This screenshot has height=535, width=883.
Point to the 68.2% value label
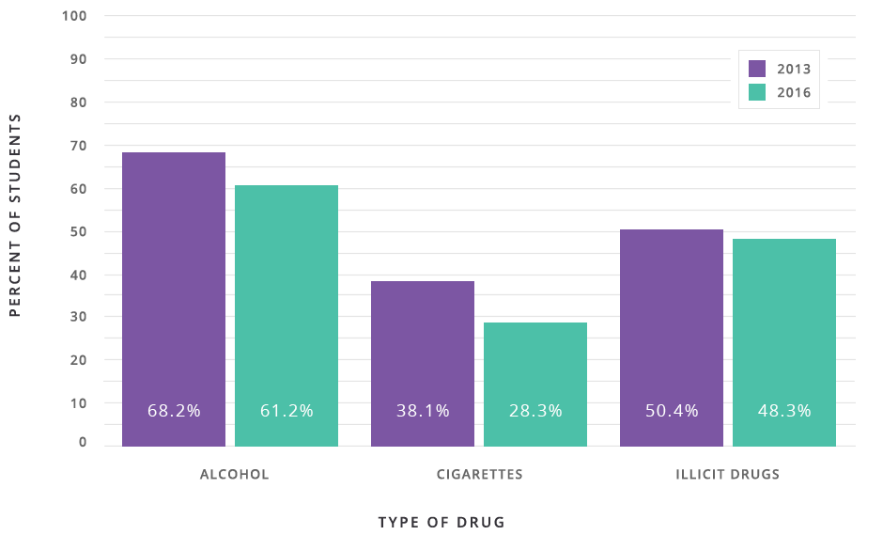[x=174, y=411]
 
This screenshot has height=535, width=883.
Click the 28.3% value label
[x=535, y=411]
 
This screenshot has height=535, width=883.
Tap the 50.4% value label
[x=672, y=411]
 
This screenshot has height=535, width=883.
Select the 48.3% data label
[x=784, y=411]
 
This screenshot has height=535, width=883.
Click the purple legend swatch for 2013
[x=757, y=69]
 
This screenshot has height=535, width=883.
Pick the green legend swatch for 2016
[x=757, y=92]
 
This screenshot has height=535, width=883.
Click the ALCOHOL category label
[x=235, y=475]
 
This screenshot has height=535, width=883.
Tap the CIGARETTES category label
[x=480, y=475]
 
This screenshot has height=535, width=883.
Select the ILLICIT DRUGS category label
[x=728, y=475]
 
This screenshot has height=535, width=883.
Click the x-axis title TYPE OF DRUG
[x=441, y=522]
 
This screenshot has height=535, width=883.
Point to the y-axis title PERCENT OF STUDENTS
[x=15, y=215]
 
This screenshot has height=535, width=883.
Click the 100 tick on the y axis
[x=75, y=16]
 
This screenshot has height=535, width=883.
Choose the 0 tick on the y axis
[x=83, y=443]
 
